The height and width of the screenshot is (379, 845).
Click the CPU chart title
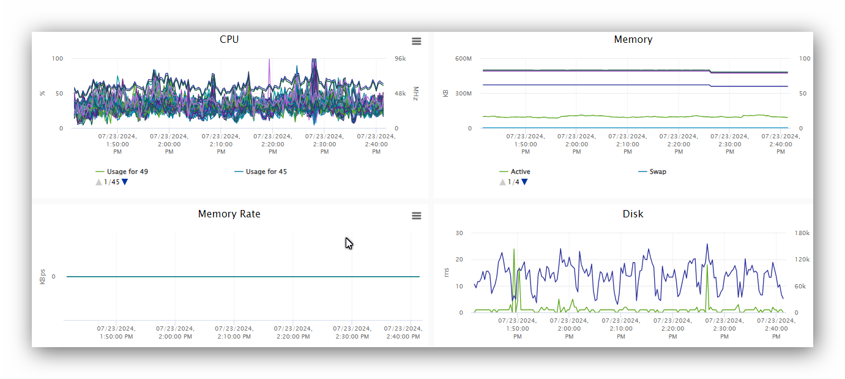point(229,39)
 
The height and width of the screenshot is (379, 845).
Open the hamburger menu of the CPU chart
point(416,41)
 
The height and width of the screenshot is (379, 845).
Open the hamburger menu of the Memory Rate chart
point(416,216)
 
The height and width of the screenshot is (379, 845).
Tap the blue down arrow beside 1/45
point(125,182)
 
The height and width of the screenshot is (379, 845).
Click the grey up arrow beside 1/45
point(99,182)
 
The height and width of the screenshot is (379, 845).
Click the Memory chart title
point(633,39)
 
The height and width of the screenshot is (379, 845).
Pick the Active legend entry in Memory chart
point(520,171)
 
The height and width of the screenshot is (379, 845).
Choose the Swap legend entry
point(658,171)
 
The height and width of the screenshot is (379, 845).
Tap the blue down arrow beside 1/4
point(524,182)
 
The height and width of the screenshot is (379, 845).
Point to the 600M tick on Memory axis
point(463,59)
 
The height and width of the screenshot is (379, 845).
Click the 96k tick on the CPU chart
point(400,59)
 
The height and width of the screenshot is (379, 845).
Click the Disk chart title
point(633,214)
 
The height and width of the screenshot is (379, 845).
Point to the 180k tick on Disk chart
point(802,233)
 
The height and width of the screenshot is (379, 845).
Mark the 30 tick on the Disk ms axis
point(459,233)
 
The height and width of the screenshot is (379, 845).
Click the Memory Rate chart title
point(229,214)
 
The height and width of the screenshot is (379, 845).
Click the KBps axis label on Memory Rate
point(43,277)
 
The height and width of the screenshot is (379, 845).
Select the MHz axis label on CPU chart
point(415,94)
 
